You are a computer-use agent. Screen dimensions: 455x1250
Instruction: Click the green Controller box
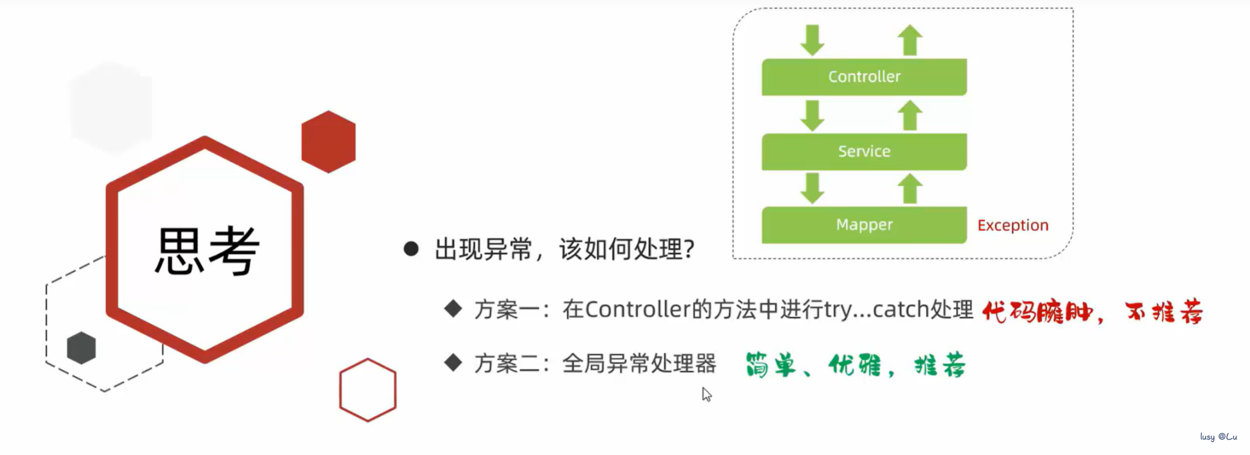pyautogui.click(x=864, y=77)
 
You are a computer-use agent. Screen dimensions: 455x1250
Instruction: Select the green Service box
pyautogui.click(x=864, y=151)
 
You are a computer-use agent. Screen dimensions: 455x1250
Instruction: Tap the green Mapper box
pyautogui.click(x=864, y=225)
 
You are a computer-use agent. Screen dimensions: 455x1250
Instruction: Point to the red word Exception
pyautogui.click(x=1013, y=225)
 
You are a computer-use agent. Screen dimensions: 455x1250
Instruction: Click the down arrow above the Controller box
pyautogui.click(x=813, y=40)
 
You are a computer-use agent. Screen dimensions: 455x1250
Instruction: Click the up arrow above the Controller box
pyautogui.click(x=910, y=40)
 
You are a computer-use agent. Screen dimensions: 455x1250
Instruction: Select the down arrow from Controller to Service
pyautogui.click(x=813, y=116)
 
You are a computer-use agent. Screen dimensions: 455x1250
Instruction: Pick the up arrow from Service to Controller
pyautogui.click(x=910, y=116)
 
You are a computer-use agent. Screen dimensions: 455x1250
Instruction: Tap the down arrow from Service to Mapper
pyautogui.click(x=813, y=188)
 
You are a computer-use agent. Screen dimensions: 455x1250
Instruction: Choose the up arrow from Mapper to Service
pyautogui.click(x=910, y=188)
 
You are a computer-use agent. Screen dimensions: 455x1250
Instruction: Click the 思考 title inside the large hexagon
pyautogui.click(x=207, y=251)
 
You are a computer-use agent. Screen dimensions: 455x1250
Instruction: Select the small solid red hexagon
pyautogui.click(x=328, y=142)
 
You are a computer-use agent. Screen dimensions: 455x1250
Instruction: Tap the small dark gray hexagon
pyautogui.click(x=82, y=348)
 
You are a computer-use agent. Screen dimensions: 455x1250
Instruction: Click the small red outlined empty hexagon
pyautogui.click(x=367, y=390)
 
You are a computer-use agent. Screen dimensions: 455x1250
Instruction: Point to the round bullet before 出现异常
pyautogui.click(x=411, y=249)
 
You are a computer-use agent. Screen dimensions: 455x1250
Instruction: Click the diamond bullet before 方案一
pyautogui.click(x=453, y=309)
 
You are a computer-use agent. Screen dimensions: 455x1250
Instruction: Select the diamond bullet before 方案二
pyautogui.click(x=453, y=363)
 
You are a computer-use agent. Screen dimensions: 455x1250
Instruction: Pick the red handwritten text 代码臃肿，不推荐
pyautogui.click(x=1092, y=313)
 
